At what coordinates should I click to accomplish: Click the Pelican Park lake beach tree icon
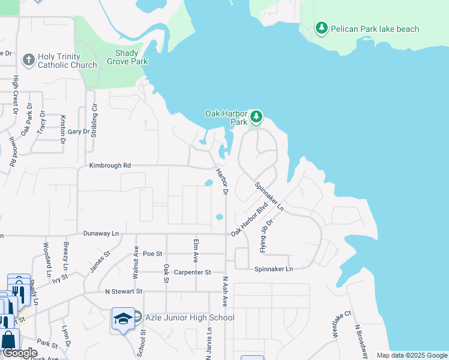click(322, 28)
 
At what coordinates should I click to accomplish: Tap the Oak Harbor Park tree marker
click(256, 116)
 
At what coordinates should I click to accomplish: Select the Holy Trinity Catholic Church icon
click(28, 60)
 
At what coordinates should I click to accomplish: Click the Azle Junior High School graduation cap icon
click(123, 318)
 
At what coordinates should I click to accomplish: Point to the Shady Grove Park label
click(127, 57)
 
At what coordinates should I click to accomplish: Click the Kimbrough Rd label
click(110, 166)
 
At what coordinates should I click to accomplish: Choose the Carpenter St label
click(192, 272)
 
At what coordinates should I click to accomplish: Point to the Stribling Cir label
click(94, 120)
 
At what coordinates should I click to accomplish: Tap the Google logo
click(20, 353)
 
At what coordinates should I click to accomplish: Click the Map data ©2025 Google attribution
click(411, 355)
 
